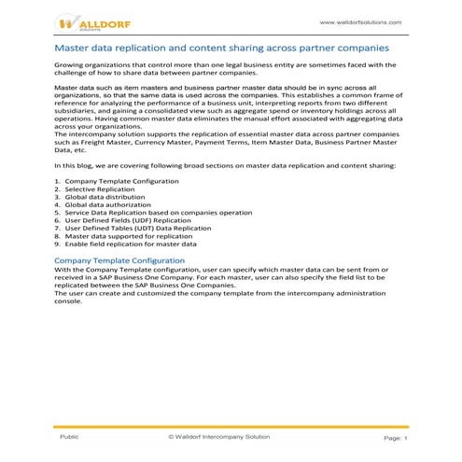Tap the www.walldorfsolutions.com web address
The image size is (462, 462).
pyautogui.click(x=360, y=21)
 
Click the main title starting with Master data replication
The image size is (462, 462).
pyautogui.click(x=222, y=46)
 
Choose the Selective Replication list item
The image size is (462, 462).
pyautogui.click(x=97, y=189)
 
